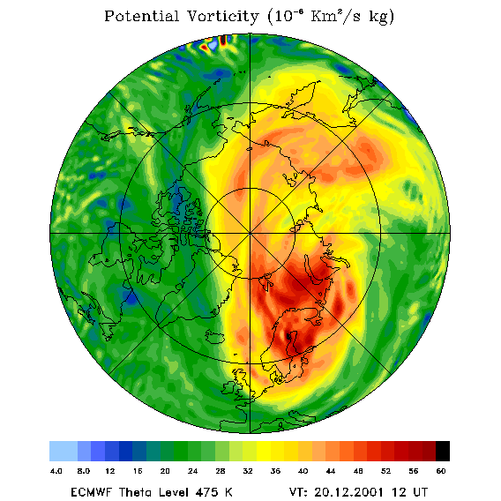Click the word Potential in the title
[x=141, y=16]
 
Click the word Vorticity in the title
[x=222, y=16]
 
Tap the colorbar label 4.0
[x=56, y=471]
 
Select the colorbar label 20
[x=165, y=471]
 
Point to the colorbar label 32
[x=248, y=471]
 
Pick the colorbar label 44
[x=331, y=471]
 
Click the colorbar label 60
[x=441, y=471]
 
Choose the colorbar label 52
[x=385, y=471]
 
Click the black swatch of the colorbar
[x=443, y=451]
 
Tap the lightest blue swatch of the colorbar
[x=64, y=451]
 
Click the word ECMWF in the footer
[x=91, y=491]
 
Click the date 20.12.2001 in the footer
[x=349, y=491]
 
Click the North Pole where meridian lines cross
[x=250, y=234]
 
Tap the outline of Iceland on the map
[x=214, y=337]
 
